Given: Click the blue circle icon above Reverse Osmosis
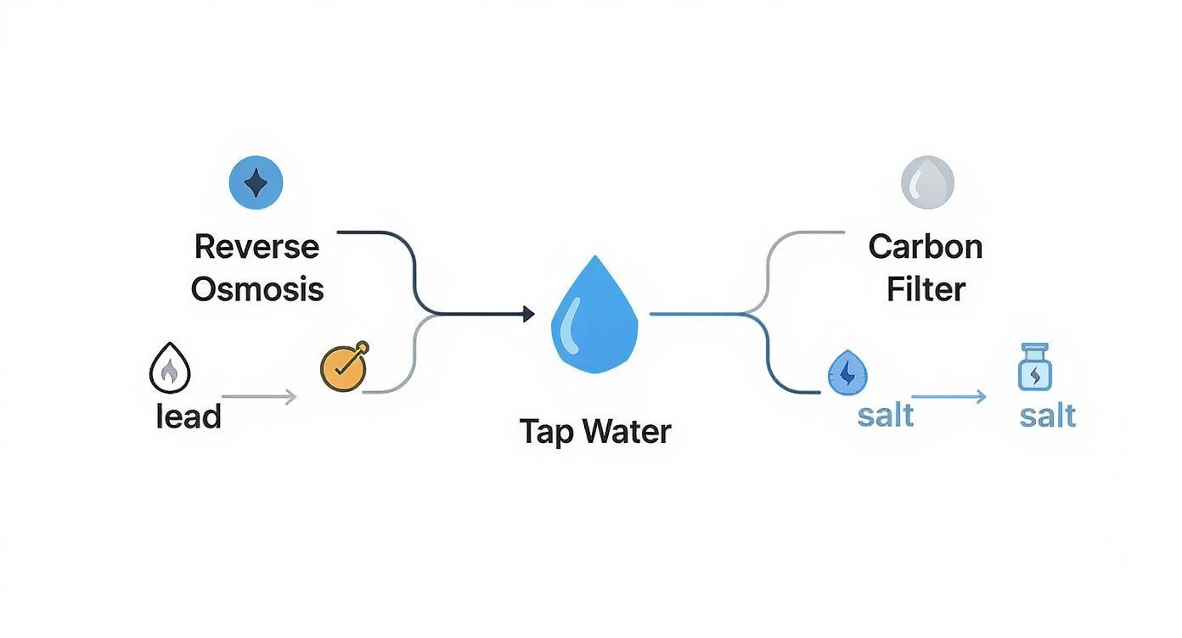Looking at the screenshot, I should [256, 182].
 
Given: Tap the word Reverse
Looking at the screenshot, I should [256, 247].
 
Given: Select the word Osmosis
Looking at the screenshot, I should [256, 289].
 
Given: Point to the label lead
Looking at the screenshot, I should [189, 417].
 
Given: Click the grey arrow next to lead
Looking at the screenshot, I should [259, 396].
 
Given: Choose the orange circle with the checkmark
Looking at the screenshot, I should [344, 367].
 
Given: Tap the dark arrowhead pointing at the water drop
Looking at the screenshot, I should [528, 315].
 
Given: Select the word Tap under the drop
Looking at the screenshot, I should [546, 432].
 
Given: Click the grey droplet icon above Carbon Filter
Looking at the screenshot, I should [927, 182].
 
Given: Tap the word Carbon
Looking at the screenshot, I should [926, 247].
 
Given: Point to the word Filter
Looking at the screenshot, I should [926, 289].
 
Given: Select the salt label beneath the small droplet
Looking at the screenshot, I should [886, 416].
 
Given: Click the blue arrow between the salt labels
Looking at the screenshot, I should [948, 396].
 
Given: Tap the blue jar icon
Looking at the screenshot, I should [1034, 367].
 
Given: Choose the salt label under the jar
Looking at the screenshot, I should [1048, 416].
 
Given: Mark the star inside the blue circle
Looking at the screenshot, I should [256, 182].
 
